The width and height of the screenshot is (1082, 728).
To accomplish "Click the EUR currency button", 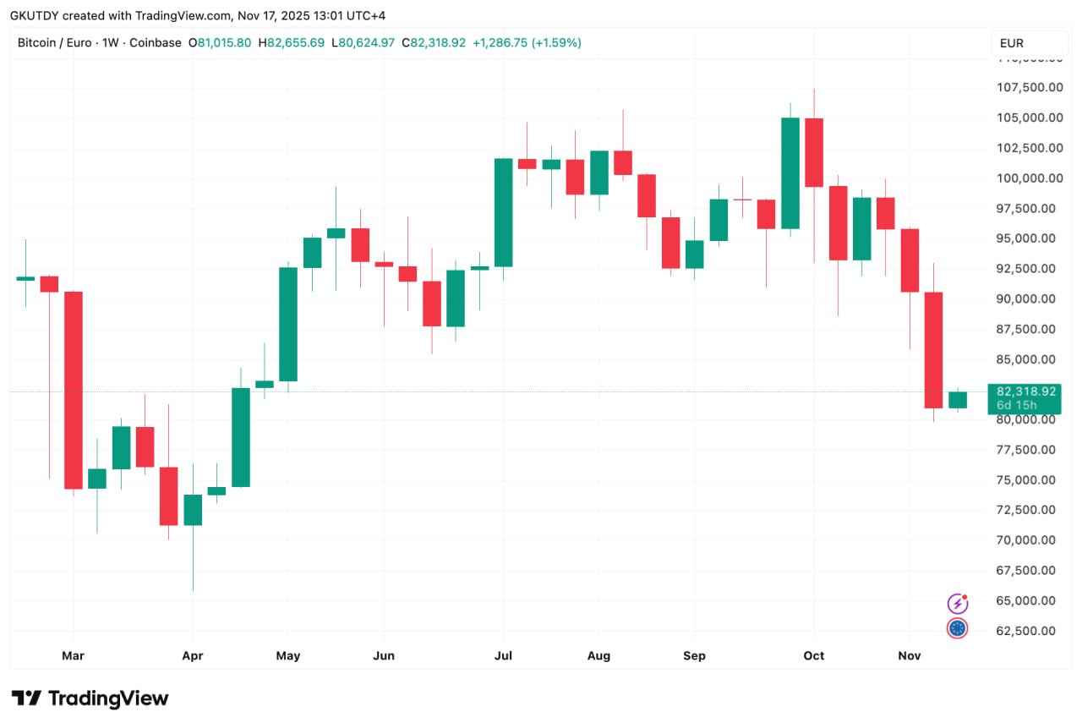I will point(1017,43).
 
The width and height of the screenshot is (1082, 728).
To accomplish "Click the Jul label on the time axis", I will point(504,656).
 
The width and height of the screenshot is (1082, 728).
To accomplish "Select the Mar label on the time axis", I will point(74,656).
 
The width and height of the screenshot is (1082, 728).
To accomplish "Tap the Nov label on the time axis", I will point(910,656).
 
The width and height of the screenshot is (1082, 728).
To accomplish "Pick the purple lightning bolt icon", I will point(957,604).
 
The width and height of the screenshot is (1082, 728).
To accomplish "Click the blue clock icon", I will point(957,628).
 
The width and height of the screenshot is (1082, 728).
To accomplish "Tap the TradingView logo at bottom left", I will point(90,698).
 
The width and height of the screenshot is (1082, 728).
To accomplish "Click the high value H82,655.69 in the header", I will point(291,42).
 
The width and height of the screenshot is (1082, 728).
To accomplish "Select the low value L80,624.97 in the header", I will point(363,42).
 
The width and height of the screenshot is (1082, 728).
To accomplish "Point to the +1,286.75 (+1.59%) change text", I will point(527,42).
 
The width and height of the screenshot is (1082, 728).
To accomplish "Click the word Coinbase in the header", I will point(155,42).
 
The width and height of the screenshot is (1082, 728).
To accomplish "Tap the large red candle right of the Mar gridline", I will point(74,390).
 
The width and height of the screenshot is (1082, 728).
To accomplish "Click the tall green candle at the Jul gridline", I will point(504,212).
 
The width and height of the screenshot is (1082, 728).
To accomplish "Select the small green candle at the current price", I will point(958,400).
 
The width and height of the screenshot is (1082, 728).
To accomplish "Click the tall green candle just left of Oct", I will point(790,173).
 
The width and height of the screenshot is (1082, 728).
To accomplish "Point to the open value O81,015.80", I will point(219,42).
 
